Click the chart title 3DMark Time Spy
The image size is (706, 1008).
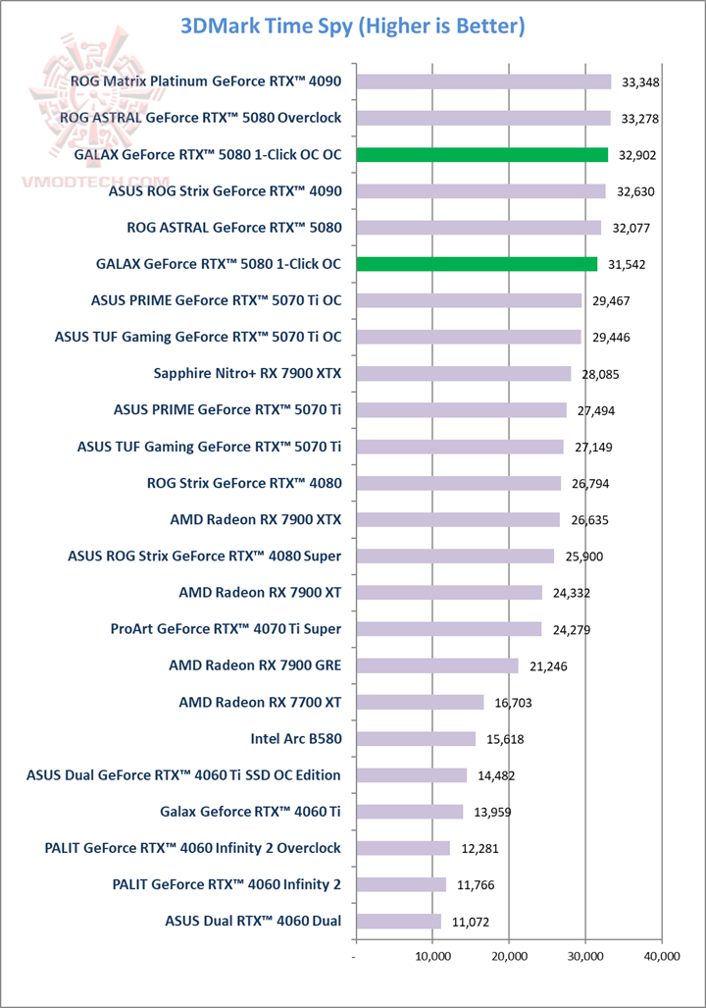(353, 27)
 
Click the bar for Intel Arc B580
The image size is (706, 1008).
(415, 739)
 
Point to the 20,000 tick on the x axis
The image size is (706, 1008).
(509, 955)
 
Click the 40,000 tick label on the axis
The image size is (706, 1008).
(662, 955)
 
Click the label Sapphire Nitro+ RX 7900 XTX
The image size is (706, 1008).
(247, 373)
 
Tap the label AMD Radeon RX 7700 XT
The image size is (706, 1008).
(260, 702)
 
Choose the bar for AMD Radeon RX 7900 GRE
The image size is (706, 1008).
(436, 665)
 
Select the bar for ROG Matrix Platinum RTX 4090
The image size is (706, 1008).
(483, 82)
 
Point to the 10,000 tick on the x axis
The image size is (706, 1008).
(432, 955)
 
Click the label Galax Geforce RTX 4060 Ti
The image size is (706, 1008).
(250, 811)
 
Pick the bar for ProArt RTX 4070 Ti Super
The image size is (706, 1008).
(448, 629)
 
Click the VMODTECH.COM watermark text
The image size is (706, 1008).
(93, 183)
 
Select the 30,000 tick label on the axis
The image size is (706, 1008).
(585, 955)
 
